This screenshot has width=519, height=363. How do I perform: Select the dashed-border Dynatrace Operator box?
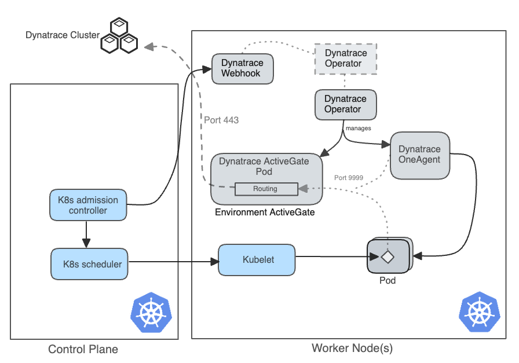point(345,58)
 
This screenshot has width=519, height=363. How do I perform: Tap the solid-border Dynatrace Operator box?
point(345,104)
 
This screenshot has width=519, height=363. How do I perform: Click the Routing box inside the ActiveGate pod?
point(265,189)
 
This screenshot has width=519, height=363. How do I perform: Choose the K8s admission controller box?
point(88,206)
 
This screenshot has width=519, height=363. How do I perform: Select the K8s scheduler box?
point(88,264)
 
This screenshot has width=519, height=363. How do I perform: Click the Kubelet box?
point(257,259)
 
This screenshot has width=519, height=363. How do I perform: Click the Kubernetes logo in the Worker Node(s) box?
point(479,312)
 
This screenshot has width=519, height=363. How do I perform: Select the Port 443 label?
point(221,120)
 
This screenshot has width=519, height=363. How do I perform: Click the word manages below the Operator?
point(358,129)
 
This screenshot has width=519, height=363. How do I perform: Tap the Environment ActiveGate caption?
point(265,212)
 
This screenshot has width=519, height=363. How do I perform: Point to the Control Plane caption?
point(83,349)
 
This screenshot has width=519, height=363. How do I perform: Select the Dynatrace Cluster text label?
point(63,35)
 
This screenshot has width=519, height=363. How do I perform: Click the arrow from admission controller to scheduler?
point(86,233)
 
